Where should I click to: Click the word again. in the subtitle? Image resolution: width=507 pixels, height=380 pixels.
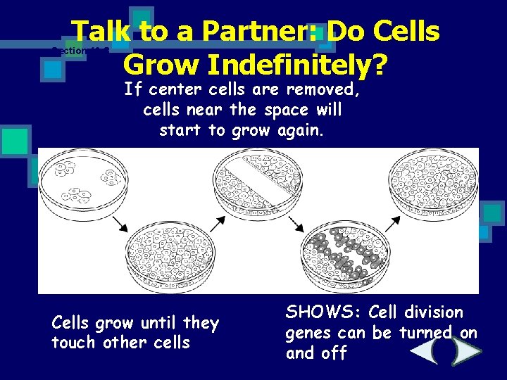tap(299, 130)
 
